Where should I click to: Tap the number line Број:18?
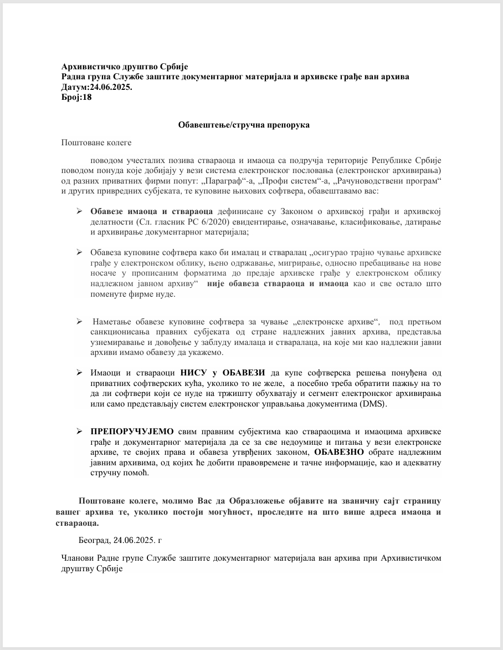pos(76,97)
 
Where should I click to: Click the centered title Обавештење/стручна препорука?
pos(244,125)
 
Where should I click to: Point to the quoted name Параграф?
pos(220,181)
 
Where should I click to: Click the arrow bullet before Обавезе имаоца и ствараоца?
pos(79,212)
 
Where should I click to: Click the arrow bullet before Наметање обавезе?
pos(79,321)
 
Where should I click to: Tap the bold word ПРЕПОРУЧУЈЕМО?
pos(132,431)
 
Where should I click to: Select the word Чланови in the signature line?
pos(78,559)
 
